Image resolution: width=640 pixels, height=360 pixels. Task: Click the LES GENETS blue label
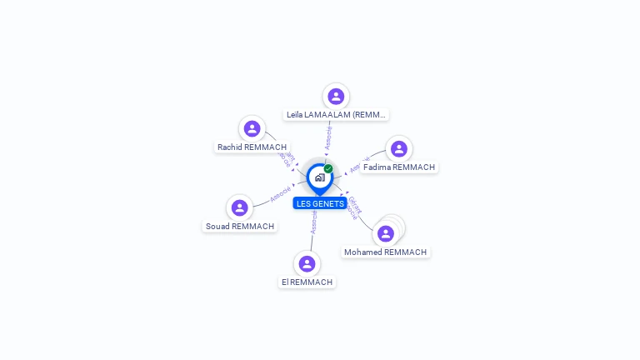(x=320, y=203)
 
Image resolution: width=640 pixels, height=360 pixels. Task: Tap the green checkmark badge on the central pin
(x=328, y=168)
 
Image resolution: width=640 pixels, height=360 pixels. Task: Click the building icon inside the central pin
(x=319, y=177)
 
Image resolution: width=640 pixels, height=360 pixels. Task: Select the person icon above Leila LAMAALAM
(x=336, y=96)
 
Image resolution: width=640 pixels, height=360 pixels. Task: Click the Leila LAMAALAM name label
(x=337, y=114)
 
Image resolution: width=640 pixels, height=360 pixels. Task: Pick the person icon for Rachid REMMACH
(x=252, y=128)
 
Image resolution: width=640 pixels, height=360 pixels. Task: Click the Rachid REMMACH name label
(x=252, y=147)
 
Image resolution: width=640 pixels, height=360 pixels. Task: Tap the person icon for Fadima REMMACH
(x=399, y=148)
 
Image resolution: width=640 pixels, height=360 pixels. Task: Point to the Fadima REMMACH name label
(x=399, y=167)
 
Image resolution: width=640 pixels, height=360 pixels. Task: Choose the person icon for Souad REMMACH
(x=239, y=207)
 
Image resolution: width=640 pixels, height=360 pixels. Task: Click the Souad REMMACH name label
(x=240, y=226)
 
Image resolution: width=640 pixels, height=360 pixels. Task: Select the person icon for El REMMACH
(x=307, y=263)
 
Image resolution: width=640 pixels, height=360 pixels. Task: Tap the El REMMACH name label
(x=307, y=282)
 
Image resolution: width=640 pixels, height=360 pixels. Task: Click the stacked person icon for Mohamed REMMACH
(x=386, y=233)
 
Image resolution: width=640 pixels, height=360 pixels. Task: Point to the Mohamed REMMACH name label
(x=386, y=252)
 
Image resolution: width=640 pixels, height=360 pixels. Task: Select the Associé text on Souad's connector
(x=281, y=193)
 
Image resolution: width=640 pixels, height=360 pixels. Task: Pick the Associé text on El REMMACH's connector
(x=313, y=222)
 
